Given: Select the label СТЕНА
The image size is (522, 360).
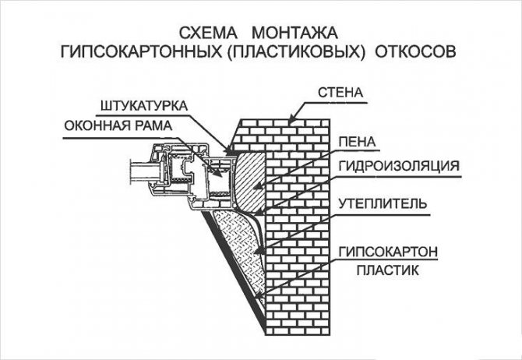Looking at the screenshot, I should (340, 93).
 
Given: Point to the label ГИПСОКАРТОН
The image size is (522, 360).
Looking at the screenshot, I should (386, 252).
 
